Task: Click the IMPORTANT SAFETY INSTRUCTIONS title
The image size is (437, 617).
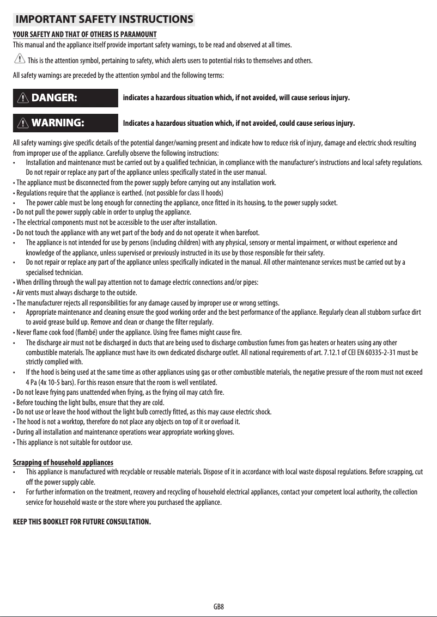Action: [104, 20]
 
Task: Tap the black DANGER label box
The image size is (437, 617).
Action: [65, 98]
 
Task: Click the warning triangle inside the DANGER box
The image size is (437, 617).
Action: [23, 98]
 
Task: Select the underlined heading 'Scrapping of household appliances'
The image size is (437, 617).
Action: [63, 462]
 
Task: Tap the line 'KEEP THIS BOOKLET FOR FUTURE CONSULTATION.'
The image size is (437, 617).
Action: [82, 522]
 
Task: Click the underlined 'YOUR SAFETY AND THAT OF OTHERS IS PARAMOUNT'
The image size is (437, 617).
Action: [84, 35]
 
